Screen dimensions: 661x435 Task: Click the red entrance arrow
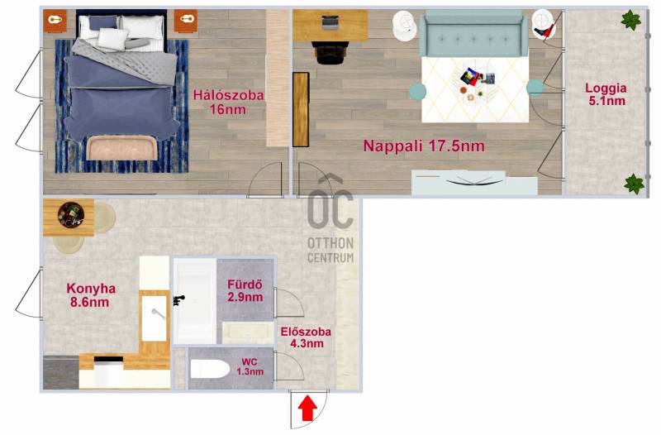coord(307,408)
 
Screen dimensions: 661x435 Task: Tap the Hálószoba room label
coord(229,102)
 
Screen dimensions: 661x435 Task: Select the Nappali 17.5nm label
coord(424,146)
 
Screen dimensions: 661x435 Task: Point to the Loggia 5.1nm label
coord(606,94)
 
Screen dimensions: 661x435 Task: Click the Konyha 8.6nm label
coord(91,295)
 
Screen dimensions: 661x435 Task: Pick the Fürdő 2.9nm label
coord(245,290)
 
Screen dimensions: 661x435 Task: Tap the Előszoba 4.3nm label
coord(306,337)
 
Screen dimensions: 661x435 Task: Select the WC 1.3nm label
coord(250,367)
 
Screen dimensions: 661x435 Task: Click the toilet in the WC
coord(210,369)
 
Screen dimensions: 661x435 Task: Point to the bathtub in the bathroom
coord(195,301)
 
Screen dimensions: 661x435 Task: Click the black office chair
coord(332,52)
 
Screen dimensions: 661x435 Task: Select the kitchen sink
coord(154,318)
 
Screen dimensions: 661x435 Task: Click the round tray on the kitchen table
coord(71,215)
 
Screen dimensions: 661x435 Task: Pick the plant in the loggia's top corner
coord(631,20)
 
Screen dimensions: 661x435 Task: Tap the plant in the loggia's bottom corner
coord(634,184)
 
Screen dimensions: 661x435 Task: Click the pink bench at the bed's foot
coord(121,148)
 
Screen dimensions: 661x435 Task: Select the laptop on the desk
coord(330,22)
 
